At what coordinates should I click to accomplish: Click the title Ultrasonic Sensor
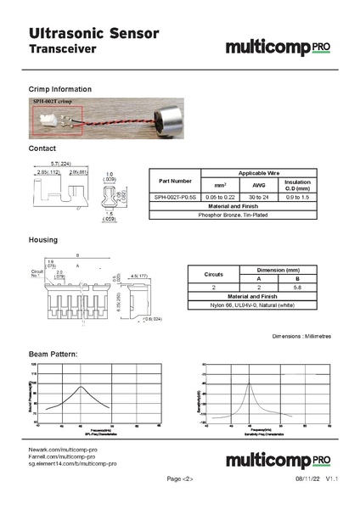pyautogui.click(x=93, y=33)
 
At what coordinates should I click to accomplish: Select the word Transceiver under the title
pyautogui.click(x=62, y=50)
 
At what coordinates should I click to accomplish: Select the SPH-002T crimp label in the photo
pyautogui.click(x=53, y=101)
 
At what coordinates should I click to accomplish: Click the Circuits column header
pyautogui.click(x=213, y=274)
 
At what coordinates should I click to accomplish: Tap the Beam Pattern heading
pyautogui.click(x=53, y=353)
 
